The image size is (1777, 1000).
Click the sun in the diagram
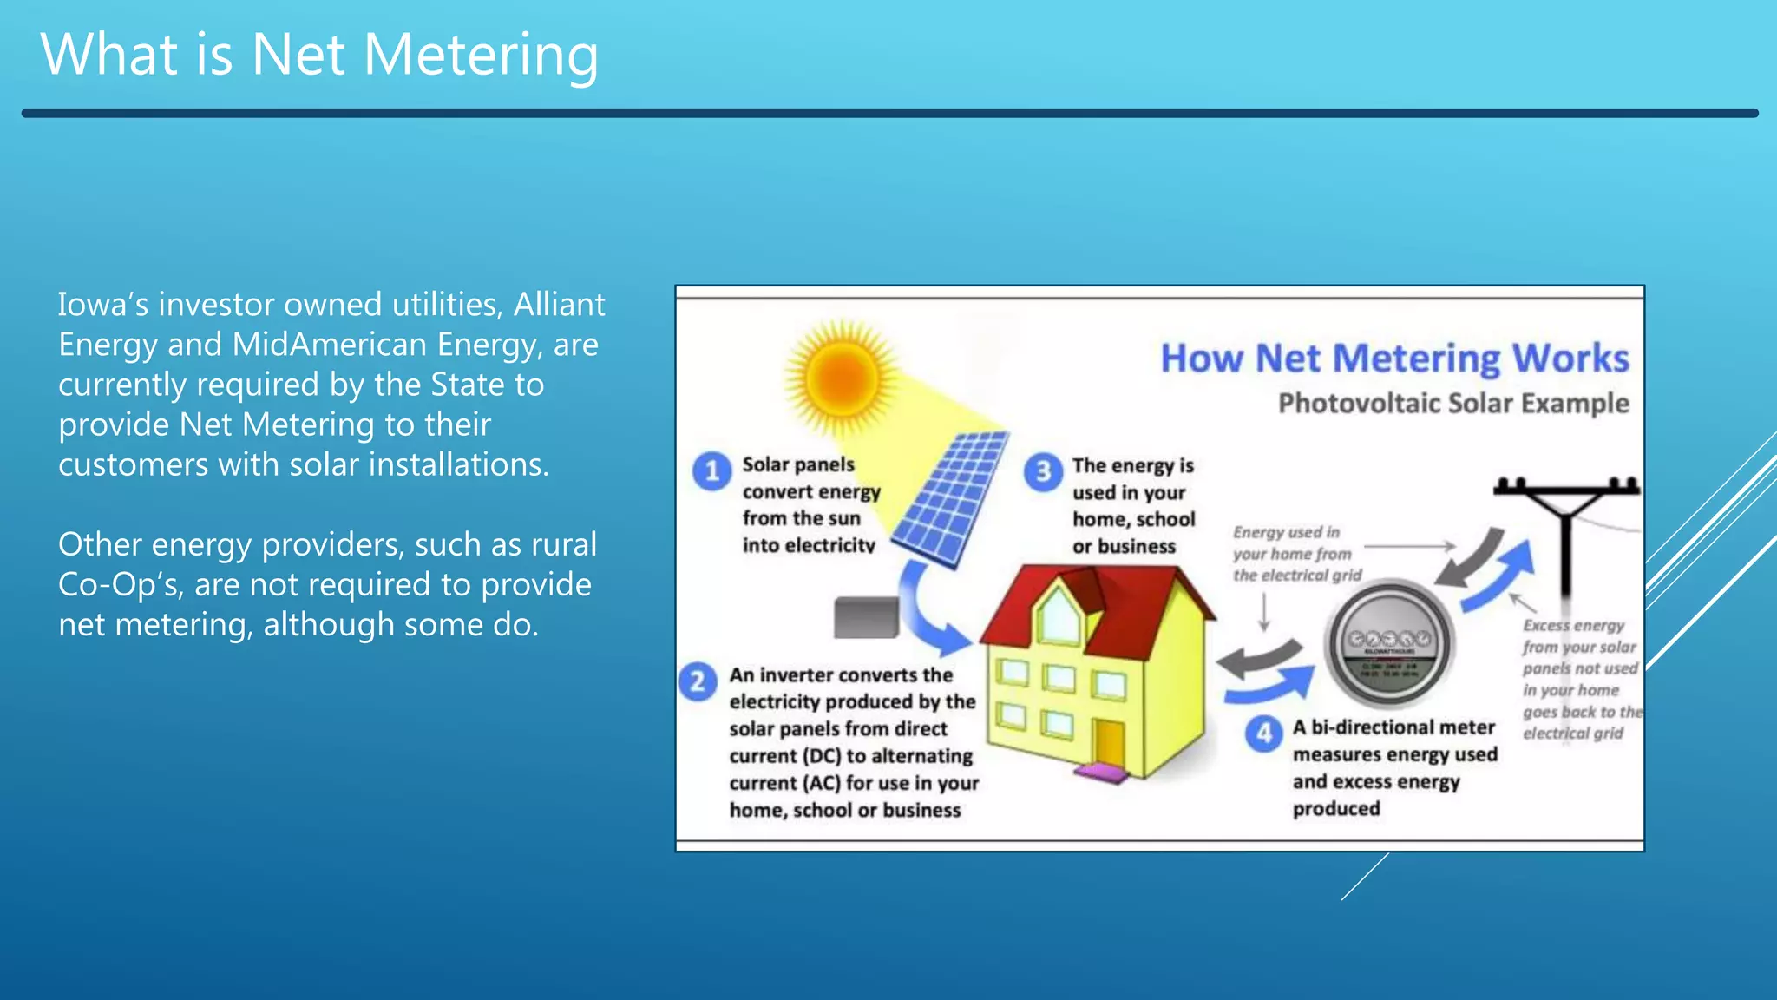click(841, 378)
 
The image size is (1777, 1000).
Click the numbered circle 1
click(711, 471)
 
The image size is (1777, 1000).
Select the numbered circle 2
click(698, 682)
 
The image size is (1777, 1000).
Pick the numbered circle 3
click(1043, 472)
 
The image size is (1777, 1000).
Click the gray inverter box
click(865, 617)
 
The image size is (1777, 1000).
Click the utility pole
click(1566, 538)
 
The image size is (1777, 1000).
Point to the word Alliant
click(559, 305)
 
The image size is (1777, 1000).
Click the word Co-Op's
click(121, 585)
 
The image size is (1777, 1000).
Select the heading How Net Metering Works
click(1394, 359)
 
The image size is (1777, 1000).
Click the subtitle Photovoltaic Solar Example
click(1453, 404)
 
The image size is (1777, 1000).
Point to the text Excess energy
click(1573, 626)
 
